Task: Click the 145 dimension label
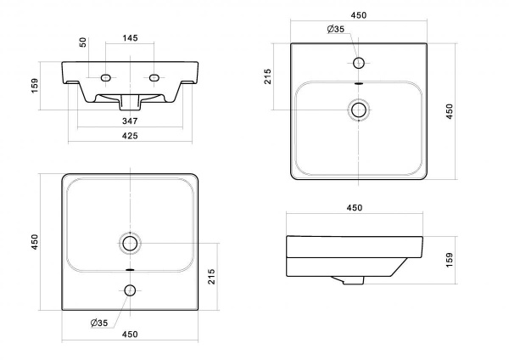(x=130, y=38)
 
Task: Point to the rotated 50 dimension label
(x=83, y=42)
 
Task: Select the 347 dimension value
(x=130, y=121)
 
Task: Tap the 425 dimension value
(x=130, y=136)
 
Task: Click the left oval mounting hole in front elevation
(x=106, y=77)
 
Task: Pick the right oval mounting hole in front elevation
(x=154, y=77)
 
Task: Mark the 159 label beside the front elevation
(x=35, y=86)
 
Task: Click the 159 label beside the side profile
(x=449, y=260)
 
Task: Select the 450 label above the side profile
(x=354, y=208)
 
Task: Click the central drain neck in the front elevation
(x=130, y=103)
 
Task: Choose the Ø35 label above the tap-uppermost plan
(x=336, y=29)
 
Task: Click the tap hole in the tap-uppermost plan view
(x=359, y=63)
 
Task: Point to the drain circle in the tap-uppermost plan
(x=359, y=110)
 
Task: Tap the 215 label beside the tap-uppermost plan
(x=267, y=76)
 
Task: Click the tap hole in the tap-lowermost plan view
(x=130, y=290)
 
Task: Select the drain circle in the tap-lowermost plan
(x=130, y=243)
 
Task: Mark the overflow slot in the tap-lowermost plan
(x=130, y=269)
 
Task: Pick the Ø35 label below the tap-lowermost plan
(x=99, y=323)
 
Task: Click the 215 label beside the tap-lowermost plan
(x=211, y=277)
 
